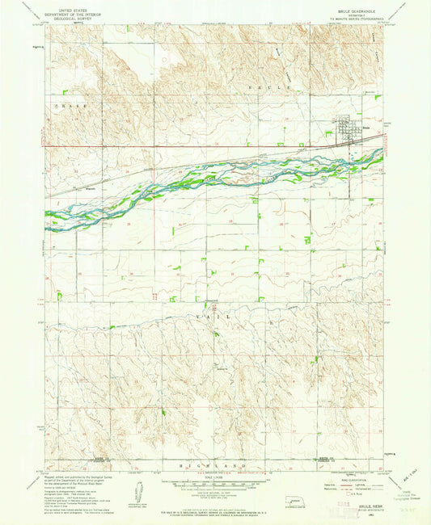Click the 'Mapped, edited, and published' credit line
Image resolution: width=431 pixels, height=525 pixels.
(73, 479)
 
